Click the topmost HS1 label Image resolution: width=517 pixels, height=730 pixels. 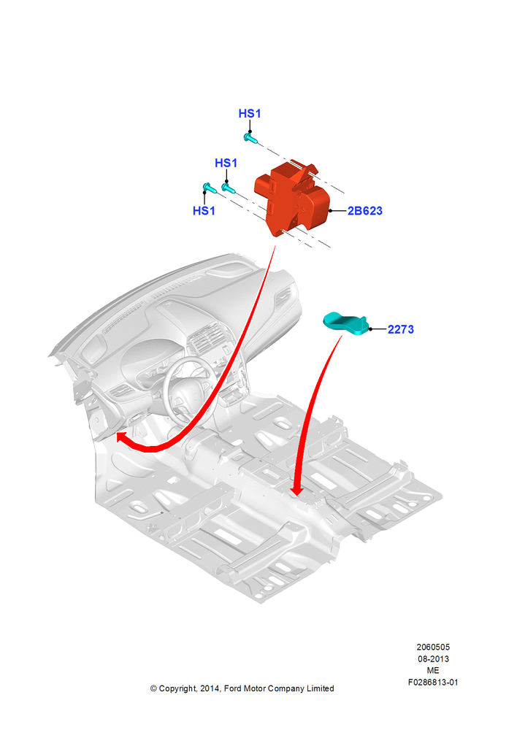click(250, 114)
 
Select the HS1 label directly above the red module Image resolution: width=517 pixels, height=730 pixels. click(226, 163)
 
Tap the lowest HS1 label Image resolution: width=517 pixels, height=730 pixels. click(204, 211)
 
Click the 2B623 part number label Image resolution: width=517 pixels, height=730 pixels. click(365, 211)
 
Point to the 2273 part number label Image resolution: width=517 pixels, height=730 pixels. click(401, 330)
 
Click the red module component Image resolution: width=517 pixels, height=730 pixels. click(292, 199)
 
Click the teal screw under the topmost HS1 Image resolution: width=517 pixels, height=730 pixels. click(250, 138)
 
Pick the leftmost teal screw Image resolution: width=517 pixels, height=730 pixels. click(209, 188)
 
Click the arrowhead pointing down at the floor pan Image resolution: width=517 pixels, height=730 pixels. click(296, 491)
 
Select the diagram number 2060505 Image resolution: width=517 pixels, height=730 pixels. click(433, 647)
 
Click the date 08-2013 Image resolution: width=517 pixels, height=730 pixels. click(433, 658)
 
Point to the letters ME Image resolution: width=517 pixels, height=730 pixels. click(433, 670)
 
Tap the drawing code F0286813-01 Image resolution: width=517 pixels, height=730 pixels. click(433, 682)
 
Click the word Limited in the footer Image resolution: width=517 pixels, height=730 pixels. click(320, 688)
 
